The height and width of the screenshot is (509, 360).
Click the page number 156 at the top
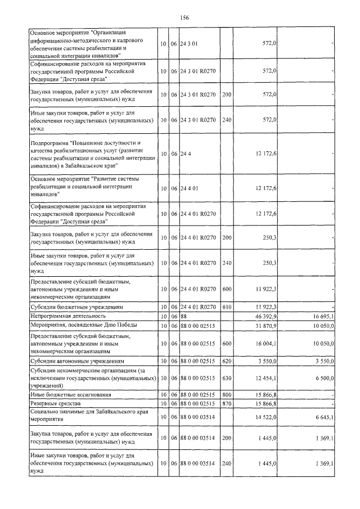pos(184,18)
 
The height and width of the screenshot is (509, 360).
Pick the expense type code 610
pos(227,307)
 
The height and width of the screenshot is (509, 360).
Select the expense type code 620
pos(227,360)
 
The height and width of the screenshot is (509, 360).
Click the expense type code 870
pos(227,404)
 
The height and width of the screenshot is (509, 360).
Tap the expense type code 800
pos(227,395)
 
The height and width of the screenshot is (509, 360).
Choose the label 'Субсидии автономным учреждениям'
pos(77,360)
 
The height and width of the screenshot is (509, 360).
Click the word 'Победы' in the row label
pos(120,325)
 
